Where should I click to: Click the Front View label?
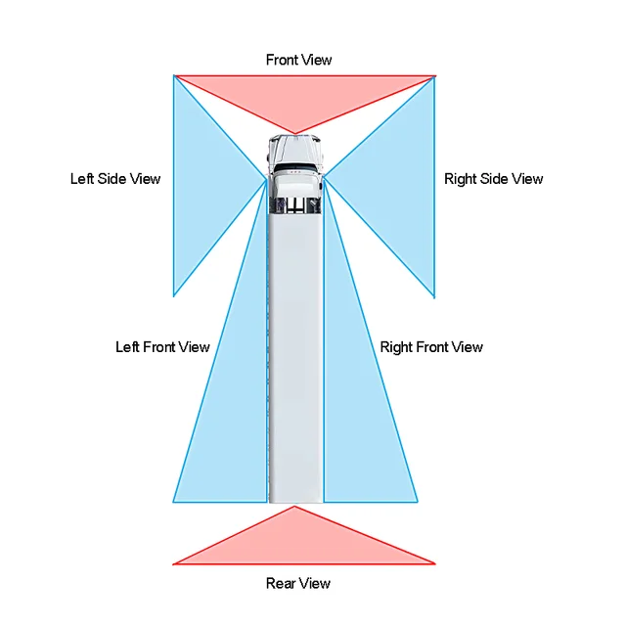pos(298,61)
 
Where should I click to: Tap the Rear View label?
pos(298,584)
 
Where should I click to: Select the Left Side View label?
pos(115,179)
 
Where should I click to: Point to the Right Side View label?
pos(493,179)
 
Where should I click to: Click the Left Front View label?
pos(162,347)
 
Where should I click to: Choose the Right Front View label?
pos(431,347)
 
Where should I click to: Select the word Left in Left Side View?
pos(82,179)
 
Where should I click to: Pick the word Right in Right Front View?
pos(396,347)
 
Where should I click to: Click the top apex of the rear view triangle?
pos(294,508)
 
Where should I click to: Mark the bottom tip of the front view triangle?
pos(294,133)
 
